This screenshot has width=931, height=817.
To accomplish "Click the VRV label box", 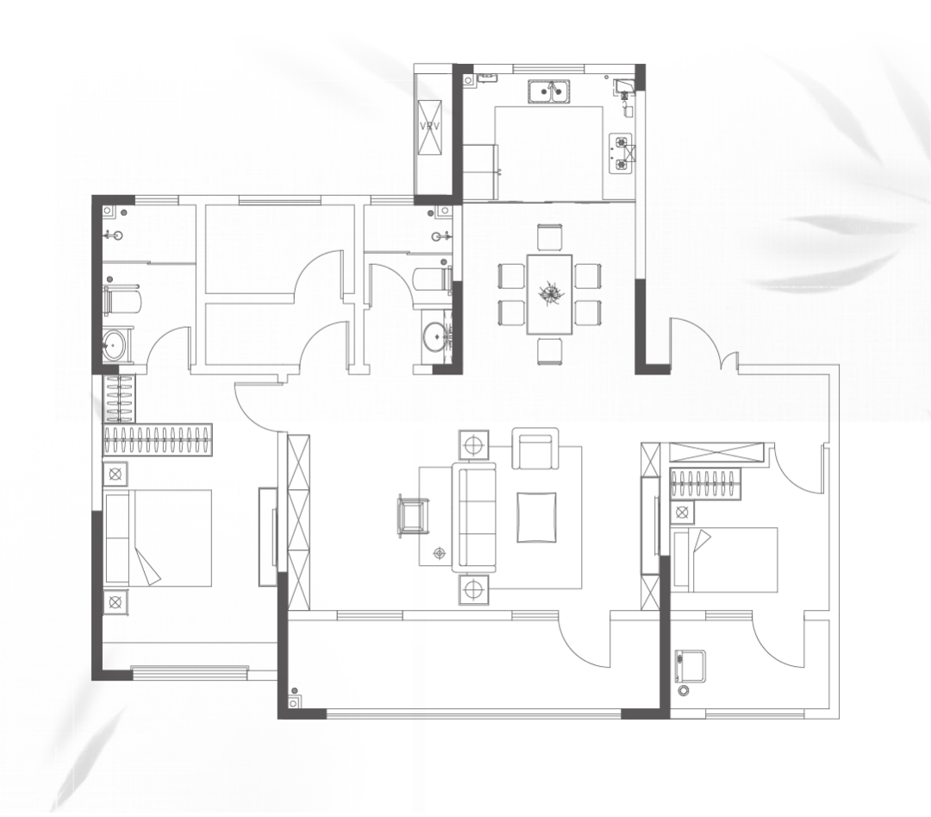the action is pos(430,127).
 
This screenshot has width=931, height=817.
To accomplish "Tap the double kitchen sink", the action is pos(548,92).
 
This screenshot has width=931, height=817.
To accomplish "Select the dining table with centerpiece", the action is pos(549,294).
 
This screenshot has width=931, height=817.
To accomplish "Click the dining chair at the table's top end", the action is pos(550,237).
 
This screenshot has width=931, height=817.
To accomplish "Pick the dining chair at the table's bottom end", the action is pos(550,350).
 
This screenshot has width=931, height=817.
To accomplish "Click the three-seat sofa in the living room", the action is pos(474,518).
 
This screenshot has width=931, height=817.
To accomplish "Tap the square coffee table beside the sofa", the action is pos(537,517).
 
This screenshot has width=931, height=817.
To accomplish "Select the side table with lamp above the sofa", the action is pos(473,444).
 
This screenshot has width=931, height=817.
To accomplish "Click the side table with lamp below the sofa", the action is pos(473,589).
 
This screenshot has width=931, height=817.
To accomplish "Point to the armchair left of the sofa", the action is pos(413,514).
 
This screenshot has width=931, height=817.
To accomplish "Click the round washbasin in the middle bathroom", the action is pos(436,337).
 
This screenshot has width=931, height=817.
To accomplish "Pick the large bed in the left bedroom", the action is pos(158,537).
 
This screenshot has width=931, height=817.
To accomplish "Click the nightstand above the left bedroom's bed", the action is pos(116,474).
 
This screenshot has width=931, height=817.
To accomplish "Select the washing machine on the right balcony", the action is pos(690,667).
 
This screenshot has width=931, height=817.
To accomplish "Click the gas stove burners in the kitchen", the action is pos(621,154).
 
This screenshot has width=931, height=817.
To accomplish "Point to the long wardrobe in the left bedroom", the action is pos(158,440).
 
